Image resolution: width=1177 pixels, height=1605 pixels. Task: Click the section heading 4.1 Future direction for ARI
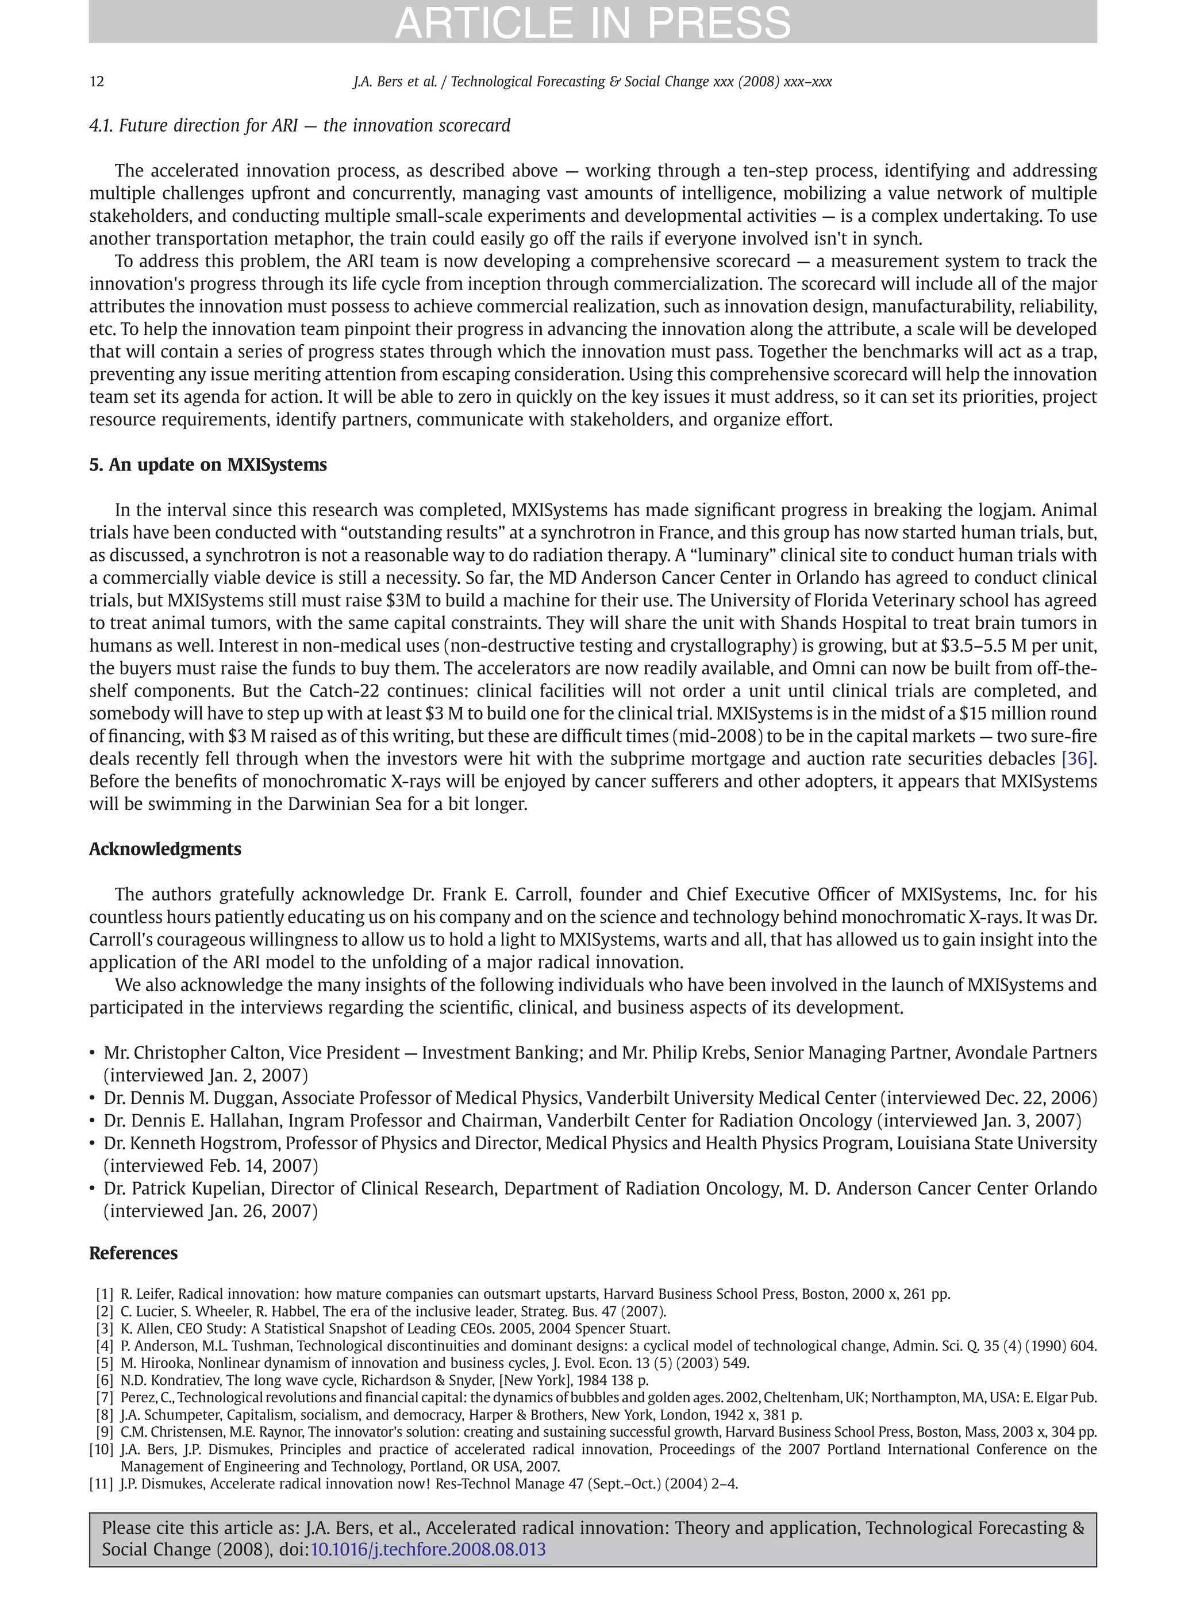pos(299,126)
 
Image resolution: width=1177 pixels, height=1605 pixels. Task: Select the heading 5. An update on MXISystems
pos(207,465)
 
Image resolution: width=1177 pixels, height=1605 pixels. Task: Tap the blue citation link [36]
pos(1076,759)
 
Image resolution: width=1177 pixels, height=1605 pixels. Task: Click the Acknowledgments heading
pos(164,849)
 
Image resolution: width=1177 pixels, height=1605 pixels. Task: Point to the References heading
pos(133,1253)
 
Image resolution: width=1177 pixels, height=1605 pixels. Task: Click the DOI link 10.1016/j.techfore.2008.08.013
pos(428,1549)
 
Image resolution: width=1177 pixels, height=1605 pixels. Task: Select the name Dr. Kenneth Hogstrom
pos(193,1144)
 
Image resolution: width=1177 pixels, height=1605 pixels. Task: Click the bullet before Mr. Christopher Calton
pos(93,1053)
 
